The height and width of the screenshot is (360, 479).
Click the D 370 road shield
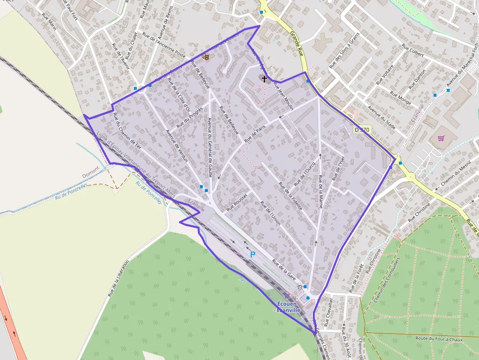(363, 130)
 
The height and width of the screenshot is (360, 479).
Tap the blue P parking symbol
(253, 254)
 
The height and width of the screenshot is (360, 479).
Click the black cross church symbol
(264, 78)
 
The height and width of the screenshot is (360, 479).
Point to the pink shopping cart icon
(441, 138)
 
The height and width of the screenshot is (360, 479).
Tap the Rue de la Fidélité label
(290, 196)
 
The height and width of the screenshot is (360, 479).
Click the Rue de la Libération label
(119, 278)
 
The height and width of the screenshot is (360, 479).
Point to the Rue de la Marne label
(320, 191)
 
